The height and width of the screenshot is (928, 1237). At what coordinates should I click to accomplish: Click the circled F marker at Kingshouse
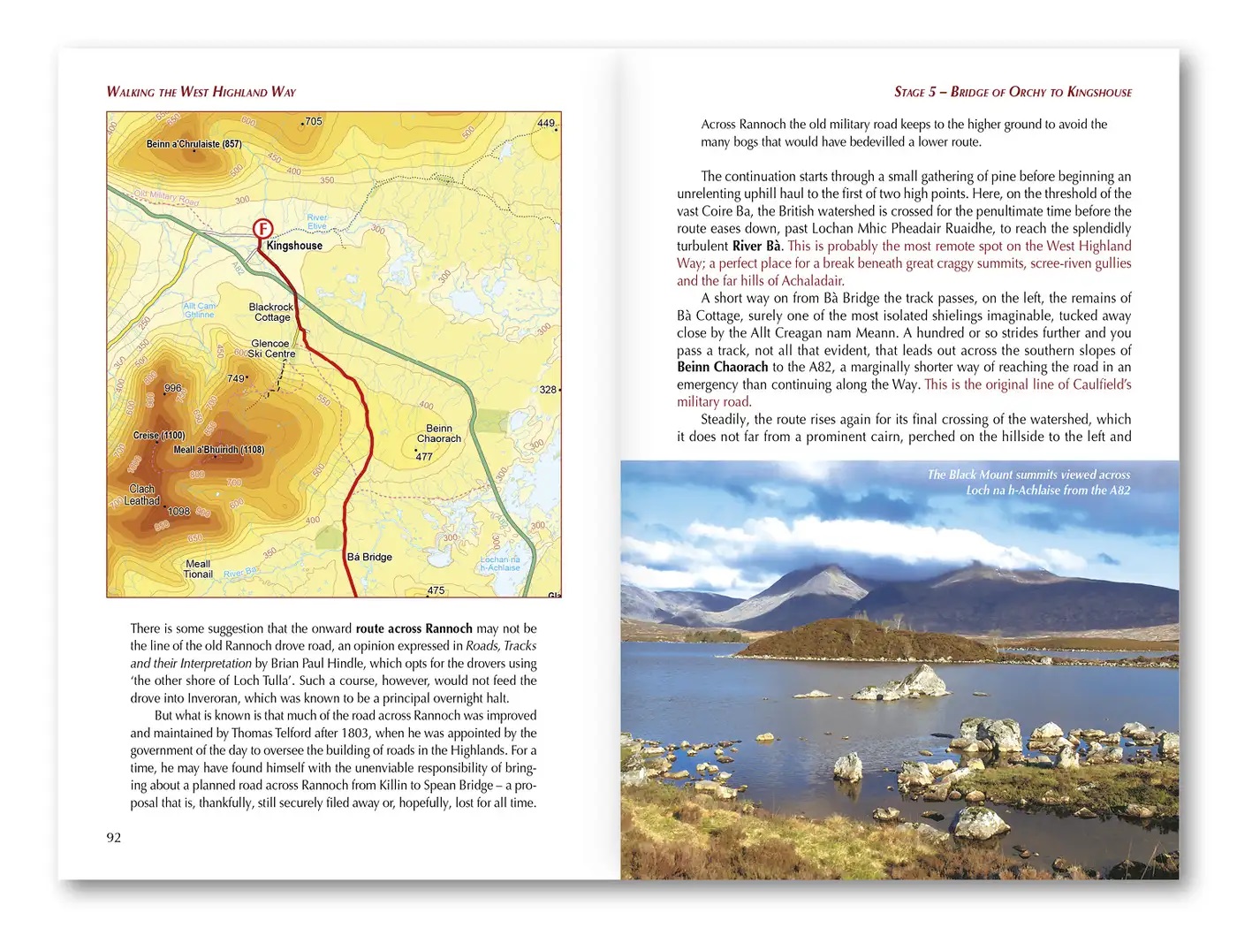[262, 229]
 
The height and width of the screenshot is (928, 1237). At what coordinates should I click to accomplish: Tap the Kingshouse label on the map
[294, 246]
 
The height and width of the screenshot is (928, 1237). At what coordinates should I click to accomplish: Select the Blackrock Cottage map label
[271, 312]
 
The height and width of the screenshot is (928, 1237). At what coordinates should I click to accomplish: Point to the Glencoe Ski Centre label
[272, 348]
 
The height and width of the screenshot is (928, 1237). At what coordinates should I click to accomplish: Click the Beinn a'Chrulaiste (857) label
[194, 144]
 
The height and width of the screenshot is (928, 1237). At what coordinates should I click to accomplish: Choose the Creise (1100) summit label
[159, 436]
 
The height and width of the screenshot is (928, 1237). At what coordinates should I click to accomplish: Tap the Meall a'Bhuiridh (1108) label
[218, 450]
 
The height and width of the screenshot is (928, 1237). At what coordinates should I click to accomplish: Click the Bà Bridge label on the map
[369, 557]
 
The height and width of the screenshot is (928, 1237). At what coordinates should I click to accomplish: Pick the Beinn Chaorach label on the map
[439, 433]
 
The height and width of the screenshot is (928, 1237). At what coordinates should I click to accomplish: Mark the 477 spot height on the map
[423, 457]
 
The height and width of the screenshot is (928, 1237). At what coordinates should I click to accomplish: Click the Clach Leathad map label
[142, 495]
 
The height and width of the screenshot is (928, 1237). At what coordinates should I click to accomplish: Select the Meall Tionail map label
[198, 569]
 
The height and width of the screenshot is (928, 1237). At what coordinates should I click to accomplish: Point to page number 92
[114, 838]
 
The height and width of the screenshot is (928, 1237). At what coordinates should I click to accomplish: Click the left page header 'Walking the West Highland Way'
[201, 92]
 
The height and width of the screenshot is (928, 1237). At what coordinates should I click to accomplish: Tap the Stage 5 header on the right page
[1013, 92]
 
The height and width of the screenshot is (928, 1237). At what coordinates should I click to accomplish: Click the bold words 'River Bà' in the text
[756, 246]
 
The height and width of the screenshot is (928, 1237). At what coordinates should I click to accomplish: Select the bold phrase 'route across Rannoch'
[414, 628]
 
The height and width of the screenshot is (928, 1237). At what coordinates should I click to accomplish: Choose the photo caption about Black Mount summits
[1028, 483]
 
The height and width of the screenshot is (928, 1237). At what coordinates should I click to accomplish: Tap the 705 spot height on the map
[313, 122]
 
